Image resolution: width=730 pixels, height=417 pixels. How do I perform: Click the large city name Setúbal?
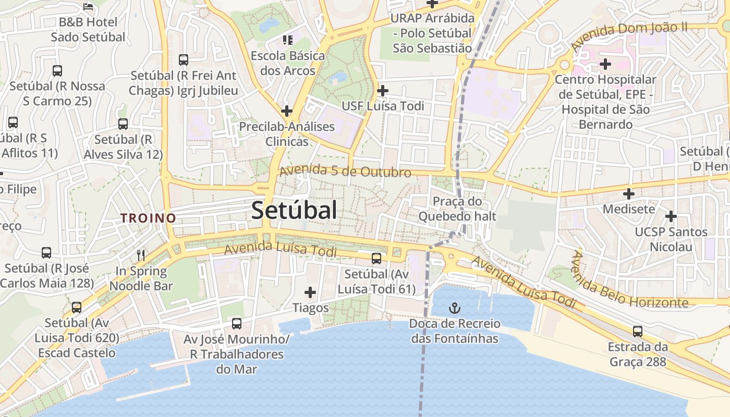(294, 211)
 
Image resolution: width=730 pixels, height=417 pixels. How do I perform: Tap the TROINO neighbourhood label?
(148, 218)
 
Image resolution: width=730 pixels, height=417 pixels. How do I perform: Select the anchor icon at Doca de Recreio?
(455, 308)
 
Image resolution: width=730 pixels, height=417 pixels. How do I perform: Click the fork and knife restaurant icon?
(141, 255)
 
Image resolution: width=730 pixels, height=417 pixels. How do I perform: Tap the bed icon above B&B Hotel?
(88, 7)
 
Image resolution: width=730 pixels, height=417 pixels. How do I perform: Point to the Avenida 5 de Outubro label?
(345, 171)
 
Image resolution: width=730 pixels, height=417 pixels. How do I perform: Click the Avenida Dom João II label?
(629, 36)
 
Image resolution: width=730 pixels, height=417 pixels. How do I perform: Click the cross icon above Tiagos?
(310, 292)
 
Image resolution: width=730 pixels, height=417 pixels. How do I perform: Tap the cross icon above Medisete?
(629, 194)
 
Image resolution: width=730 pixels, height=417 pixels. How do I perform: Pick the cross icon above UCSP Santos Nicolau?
(671, 216)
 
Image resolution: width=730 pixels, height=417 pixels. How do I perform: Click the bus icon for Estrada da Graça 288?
(637, 332)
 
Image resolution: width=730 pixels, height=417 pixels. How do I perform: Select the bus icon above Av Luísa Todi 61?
(376, 259)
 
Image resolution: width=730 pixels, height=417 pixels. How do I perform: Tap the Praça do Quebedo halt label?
(457, 208)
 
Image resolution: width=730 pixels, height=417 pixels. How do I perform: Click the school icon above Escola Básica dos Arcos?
(287, 40)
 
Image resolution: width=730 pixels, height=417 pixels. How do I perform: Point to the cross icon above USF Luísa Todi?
(383, 90)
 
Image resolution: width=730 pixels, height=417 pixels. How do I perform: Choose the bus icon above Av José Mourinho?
(237, 324)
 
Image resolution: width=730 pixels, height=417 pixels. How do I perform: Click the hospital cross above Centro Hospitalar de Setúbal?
(605, 64)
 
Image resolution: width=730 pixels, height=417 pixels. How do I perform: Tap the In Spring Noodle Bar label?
(141, 278)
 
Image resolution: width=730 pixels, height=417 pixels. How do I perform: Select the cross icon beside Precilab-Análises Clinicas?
(286, 111)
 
